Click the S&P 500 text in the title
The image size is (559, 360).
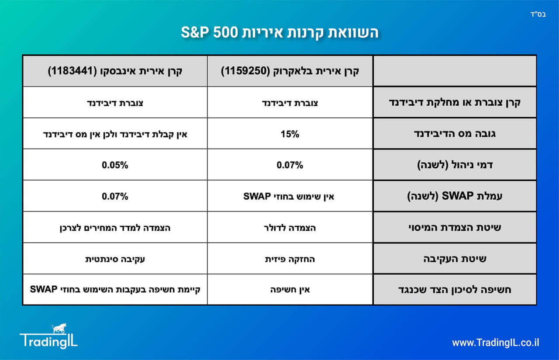tap(209, 32)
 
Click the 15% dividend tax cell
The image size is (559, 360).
tap(290, 134)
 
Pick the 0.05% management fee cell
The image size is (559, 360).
tap(115, 165)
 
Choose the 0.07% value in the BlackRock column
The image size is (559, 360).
tap(290, 165)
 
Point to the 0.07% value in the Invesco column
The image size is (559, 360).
tap(115, 196)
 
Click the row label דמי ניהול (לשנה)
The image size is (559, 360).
tap(455, 165)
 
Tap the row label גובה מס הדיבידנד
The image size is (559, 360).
tap(455, 134)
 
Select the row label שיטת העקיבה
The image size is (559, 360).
tap(455, 259)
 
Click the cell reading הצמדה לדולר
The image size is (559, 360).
tap(290, 228)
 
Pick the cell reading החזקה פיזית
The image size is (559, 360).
tap(290, 259)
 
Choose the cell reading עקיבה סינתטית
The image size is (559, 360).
tap(115, 259)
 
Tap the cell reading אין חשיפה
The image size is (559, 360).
tap(290, 290)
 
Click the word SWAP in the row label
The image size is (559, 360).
tap(458, 196)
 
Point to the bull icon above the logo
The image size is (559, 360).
tap(59, 328)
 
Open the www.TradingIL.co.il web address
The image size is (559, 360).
tap(496, 343)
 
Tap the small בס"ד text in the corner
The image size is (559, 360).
tap(538, 14)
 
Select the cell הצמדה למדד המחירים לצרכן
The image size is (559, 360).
tap(115, 228)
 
